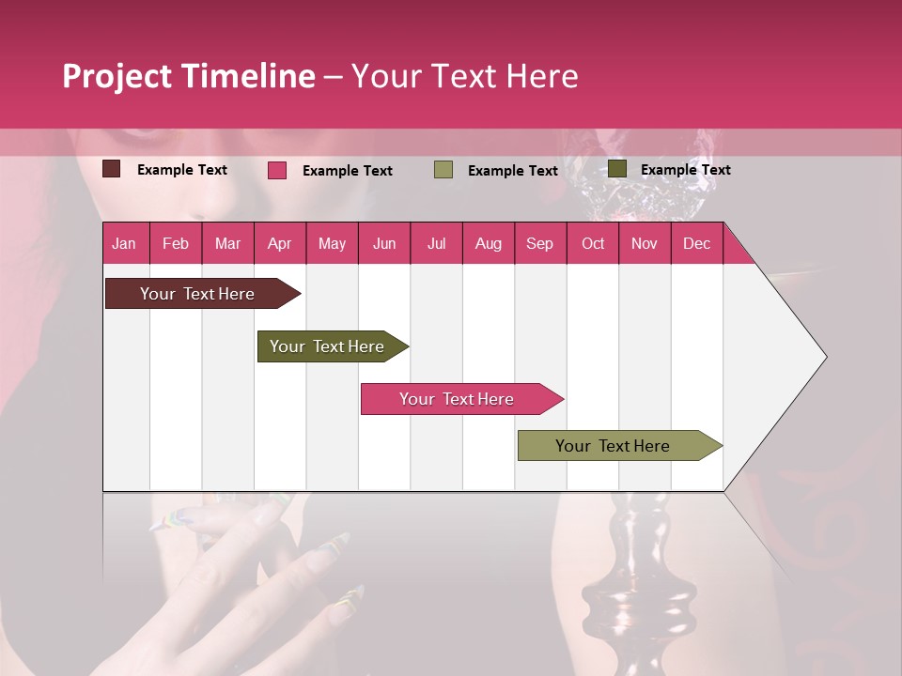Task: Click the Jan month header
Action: (124, 243)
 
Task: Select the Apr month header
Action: (279, 243)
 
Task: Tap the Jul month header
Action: (436, 243)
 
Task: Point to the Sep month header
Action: (539, 243)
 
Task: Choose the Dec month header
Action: (696, 243)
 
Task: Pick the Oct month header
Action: (593, 243)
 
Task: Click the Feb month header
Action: (176, 243)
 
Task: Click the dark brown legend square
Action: (111, 169)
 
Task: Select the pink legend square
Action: (277, 170)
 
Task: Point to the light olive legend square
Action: (443, 170)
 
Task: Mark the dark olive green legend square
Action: (617, 169)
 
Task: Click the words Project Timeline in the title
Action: (188, 76)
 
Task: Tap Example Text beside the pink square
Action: (347, 171)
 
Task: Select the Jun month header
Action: (384, 243)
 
